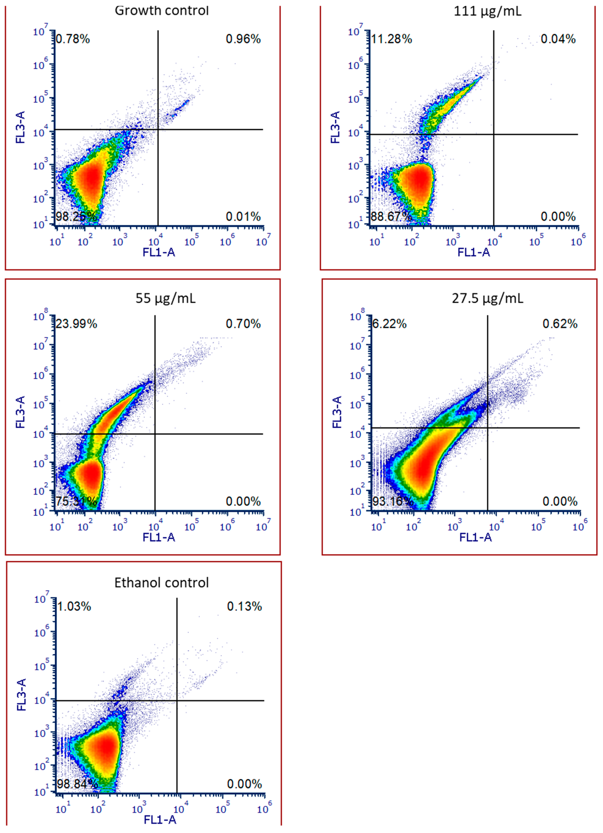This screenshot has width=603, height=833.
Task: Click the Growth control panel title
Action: click(x=162, y=11)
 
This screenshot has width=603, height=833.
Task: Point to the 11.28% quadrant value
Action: click(x=392, y=39)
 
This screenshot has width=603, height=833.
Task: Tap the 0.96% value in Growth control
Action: click(x=243, y=39)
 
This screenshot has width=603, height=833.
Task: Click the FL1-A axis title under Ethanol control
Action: click(x=160, y=820)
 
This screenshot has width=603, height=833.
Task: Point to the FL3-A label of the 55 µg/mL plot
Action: click(x=20, y=412)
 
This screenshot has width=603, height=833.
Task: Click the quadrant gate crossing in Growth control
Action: click(x=158, y=129)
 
